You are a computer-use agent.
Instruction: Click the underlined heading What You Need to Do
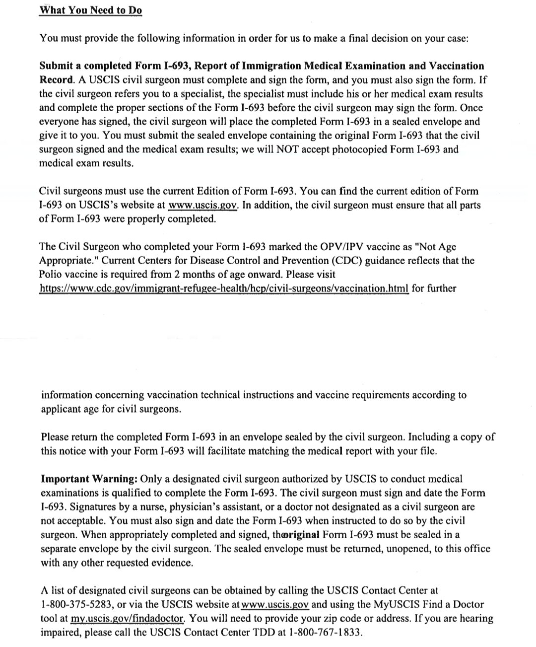pyautogui.click(x=91, y=10)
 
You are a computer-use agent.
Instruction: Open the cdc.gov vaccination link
pyautogui.click(x=224, y=288)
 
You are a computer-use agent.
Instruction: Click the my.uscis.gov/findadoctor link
pyautogui.click(x=128, y=619)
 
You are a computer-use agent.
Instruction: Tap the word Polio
pyautogui.click(x=52, y=275)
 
